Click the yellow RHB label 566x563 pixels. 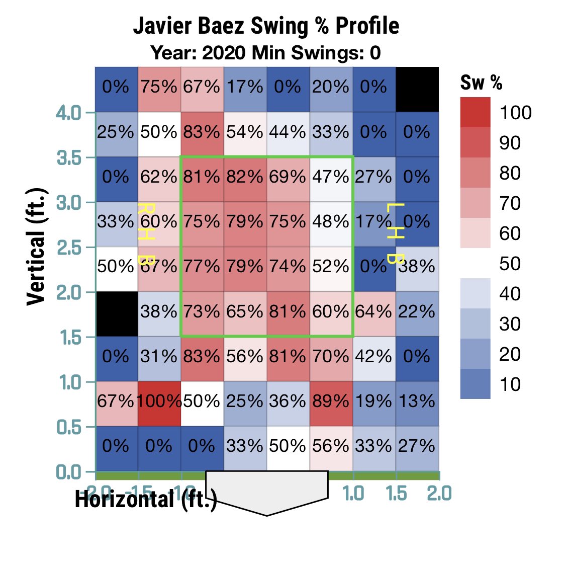click(x=146, y=234)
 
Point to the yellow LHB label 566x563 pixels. click(x=396, y=234)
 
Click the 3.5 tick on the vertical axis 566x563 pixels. click(x=70, y=157)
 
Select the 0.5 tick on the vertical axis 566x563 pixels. click(x=70, y=427)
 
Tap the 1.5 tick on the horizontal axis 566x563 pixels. click(x=397, y=494)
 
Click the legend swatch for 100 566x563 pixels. click(x=475, y=112)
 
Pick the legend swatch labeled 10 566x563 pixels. click(x=475, y=384)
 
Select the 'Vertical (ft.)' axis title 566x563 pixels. click(x=36, y=247)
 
